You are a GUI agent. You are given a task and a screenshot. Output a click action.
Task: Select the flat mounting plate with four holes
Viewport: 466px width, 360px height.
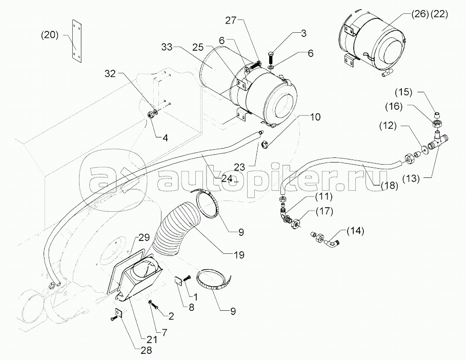[76, 41]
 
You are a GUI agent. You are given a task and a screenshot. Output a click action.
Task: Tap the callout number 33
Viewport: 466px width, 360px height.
[167, 47]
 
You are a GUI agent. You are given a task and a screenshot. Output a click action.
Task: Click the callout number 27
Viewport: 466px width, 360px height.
[231, 21]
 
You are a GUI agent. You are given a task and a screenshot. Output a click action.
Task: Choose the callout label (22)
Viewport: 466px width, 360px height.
[439, 14]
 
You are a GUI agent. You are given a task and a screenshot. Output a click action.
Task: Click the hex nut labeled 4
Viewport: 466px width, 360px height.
[150, 114]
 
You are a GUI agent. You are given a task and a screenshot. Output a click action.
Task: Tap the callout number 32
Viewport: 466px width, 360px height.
[110, 73]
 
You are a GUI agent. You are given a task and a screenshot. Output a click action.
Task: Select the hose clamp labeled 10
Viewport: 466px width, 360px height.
[265, 145]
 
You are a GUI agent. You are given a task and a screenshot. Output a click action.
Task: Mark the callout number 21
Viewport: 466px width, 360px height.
[152, 338]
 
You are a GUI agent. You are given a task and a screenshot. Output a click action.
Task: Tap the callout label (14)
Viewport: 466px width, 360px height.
[355, 231]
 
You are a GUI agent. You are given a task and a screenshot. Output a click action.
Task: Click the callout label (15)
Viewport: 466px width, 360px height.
[403, 92]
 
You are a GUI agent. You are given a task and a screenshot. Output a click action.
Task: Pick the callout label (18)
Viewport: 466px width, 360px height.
[389, 186]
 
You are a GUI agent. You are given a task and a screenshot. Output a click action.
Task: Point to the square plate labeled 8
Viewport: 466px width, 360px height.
[178, 280]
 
